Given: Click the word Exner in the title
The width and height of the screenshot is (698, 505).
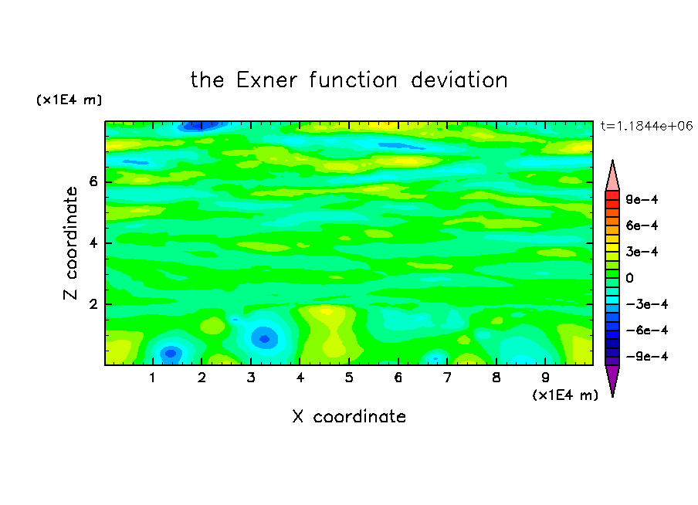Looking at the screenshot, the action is pos(266,80).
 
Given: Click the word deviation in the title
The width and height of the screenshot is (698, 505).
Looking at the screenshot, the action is pos(459,80).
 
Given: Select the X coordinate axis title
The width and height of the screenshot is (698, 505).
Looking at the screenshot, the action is pos(349,416).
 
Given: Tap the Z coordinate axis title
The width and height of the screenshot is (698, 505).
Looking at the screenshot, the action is pos(71,243).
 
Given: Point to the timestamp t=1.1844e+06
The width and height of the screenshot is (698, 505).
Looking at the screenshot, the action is pos(646,126).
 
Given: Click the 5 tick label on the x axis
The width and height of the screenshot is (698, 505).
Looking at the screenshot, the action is pos(349,378).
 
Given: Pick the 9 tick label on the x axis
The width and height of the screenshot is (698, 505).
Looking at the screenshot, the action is pos(545,378).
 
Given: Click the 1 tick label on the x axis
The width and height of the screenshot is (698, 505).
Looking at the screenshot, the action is pos(152,378).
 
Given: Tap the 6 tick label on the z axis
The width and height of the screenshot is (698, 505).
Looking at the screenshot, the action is pos(93,181).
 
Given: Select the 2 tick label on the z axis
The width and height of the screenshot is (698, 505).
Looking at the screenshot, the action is pos(93,304).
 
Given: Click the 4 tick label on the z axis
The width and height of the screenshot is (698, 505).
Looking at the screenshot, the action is pos(93,243).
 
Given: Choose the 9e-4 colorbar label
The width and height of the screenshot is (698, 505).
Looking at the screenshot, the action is pos(642,199).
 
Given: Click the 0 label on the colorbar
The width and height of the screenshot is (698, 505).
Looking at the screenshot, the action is pos(629,278).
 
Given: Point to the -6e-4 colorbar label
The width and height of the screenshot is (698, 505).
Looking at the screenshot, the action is pos(646,330).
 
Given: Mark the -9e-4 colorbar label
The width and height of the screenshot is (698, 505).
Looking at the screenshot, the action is pos(646,356).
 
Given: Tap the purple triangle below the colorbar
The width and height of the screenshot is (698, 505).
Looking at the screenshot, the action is pos(612,378).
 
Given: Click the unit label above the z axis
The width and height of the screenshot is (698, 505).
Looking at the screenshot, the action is pos(69,100).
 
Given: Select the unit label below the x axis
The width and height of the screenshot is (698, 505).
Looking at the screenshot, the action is pos(565,395).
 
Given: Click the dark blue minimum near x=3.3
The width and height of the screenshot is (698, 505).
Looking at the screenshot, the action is pos(264,339).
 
